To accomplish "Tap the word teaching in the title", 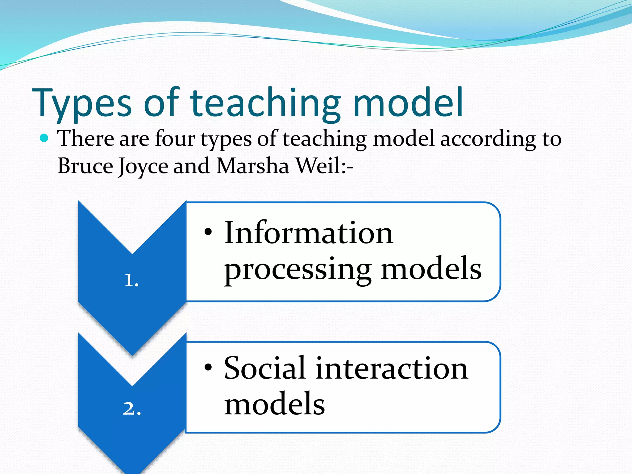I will [265, 103].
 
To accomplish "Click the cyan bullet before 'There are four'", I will [44, 138].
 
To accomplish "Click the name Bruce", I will [85, 166].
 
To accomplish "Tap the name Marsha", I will [253, 166].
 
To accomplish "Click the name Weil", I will [318, 166].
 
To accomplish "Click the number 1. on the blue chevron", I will [131, 281].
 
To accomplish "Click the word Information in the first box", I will [309, 233].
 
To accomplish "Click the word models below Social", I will [274, 404].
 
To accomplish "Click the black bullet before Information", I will [208, 232].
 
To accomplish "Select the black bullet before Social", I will [208, 367].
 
